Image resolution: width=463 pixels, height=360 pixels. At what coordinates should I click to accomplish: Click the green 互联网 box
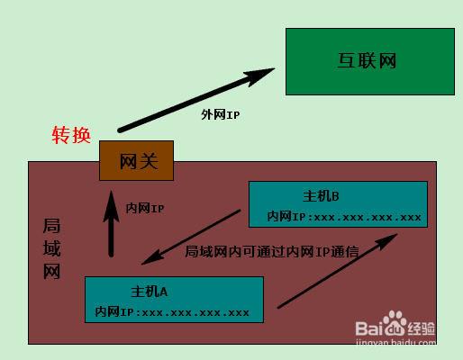(x=370, y=61)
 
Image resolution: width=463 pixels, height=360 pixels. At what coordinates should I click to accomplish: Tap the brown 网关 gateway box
(x=136, y=160)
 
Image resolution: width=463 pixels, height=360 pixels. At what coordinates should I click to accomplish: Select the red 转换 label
(x=71, y=135)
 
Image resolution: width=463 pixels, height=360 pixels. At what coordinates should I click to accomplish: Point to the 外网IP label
(x=220, y=114)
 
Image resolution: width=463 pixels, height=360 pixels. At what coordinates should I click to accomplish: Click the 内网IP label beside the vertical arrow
(x=145, y=208)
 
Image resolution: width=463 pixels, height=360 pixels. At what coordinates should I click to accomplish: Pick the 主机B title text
(x=321, y=196)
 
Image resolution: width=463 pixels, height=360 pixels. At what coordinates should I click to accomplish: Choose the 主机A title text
(x=150, y=292)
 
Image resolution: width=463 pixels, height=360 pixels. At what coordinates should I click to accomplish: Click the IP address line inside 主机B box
(x=344, y=217)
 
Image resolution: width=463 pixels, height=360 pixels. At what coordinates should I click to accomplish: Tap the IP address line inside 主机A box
(x=172, y=312)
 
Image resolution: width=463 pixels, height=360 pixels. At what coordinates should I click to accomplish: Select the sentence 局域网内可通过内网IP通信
(x=272, y=251)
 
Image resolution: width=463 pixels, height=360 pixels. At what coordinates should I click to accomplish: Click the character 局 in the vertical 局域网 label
(x=51, y=226)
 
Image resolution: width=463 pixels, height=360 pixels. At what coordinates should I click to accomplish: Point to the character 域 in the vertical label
(x=51, y=248)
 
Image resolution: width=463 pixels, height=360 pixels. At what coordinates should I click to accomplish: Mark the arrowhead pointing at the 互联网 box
(x=259, y=76)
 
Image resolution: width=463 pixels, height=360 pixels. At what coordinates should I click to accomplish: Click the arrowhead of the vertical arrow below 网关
(x=111, y=206)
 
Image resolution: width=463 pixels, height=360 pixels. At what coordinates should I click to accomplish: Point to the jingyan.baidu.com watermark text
(x=395, y=343)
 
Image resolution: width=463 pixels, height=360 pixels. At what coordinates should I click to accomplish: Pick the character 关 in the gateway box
(x=149, y=161)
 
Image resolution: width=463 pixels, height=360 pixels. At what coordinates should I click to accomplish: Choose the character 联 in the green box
(x=367, y=61)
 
